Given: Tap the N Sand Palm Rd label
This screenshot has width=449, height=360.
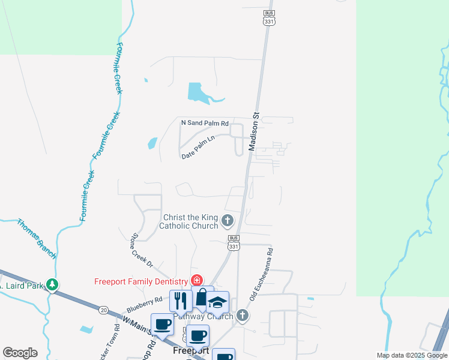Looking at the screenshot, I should pyautogui.click(x=205, y=122).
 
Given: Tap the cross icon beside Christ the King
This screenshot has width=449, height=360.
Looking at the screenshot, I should pyautogui.click(x=228, y=221).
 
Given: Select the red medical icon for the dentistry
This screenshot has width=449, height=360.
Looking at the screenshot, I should pyautogui.click(x=196, y=280).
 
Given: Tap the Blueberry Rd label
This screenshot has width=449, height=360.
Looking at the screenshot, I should pyautogui.click(x=145, y=302).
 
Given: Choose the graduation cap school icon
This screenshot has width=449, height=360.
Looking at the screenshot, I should pyautogui.click(x=218, y=302).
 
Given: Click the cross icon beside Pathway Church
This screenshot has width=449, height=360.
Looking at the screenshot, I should pyautogui.click(x=242, y=316).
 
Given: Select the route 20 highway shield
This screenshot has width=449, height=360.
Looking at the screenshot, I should pyautogui.click(x=103, y=310).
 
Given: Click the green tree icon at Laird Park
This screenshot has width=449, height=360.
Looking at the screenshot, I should pyautogui.click(x=53, y=284).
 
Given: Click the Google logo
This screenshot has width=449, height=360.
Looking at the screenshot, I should pyautogui.click(x=20, y=353).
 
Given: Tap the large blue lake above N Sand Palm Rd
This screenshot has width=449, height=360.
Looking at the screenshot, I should pyautogui.click(x=197, y=92).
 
